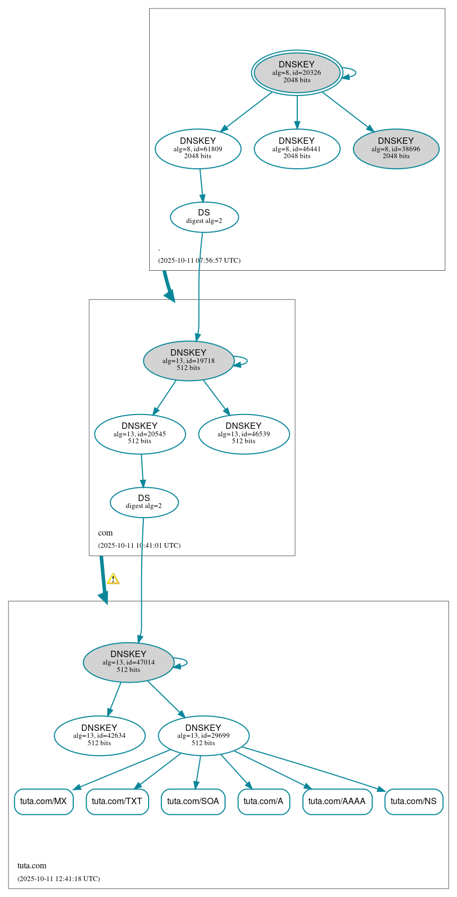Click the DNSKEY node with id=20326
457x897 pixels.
point(297,73)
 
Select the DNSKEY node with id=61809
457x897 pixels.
point(198,149)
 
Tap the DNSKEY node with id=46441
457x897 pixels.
point(297,149)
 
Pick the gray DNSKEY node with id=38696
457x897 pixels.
point(396,149)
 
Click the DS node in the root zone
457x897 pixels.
point(204,217)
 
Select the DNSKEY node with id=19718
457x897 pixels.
point(188,361)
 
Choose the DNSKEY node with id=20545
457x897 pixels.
point(140,434)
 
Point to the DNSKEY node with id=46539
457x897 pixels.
point(244,434)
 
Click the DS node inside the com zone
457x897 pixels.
point(144,502)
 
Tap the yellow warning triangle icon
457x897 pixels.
point(113,579)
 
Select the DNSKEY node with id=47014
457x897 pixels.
point(128,662)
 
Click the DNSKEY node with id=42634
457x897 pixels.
point(99,736)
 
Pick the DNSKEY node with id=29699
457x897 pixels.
point(203,736)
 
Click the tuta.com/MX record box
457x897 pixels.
point(44,801)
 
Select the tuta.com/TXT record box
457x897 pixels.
point(117,801)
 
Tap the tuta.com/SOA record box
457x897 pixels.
point(193,801)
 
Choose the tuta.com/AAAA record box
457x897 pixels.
point(337,801)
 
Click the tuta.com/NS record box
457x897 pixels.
point(413,801)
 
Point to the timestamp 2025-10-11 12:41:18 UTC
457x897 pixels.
point(59,878)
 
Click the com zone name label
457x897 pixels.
point(105,533)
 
